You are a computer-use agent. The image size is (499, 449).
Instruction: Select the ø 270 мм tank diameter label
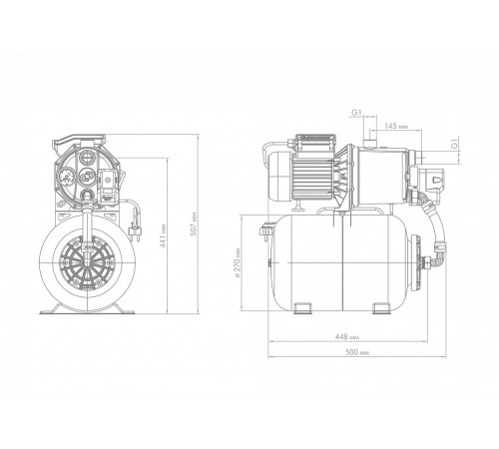pos(237,262)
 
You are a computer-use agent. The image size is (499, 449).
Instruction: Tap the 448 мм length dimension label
pos(347,337)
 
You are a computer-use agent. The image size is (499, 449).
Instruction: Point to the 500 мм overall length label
pos(357,352)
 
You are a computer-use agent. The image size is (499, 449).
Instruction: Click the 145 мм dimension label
pos(396,126)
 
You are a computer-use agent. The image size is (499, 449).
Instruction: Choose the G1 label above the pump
pos(356,113)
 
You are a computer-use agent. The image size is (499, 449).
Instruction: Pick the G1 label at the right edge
pos(455,144)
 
